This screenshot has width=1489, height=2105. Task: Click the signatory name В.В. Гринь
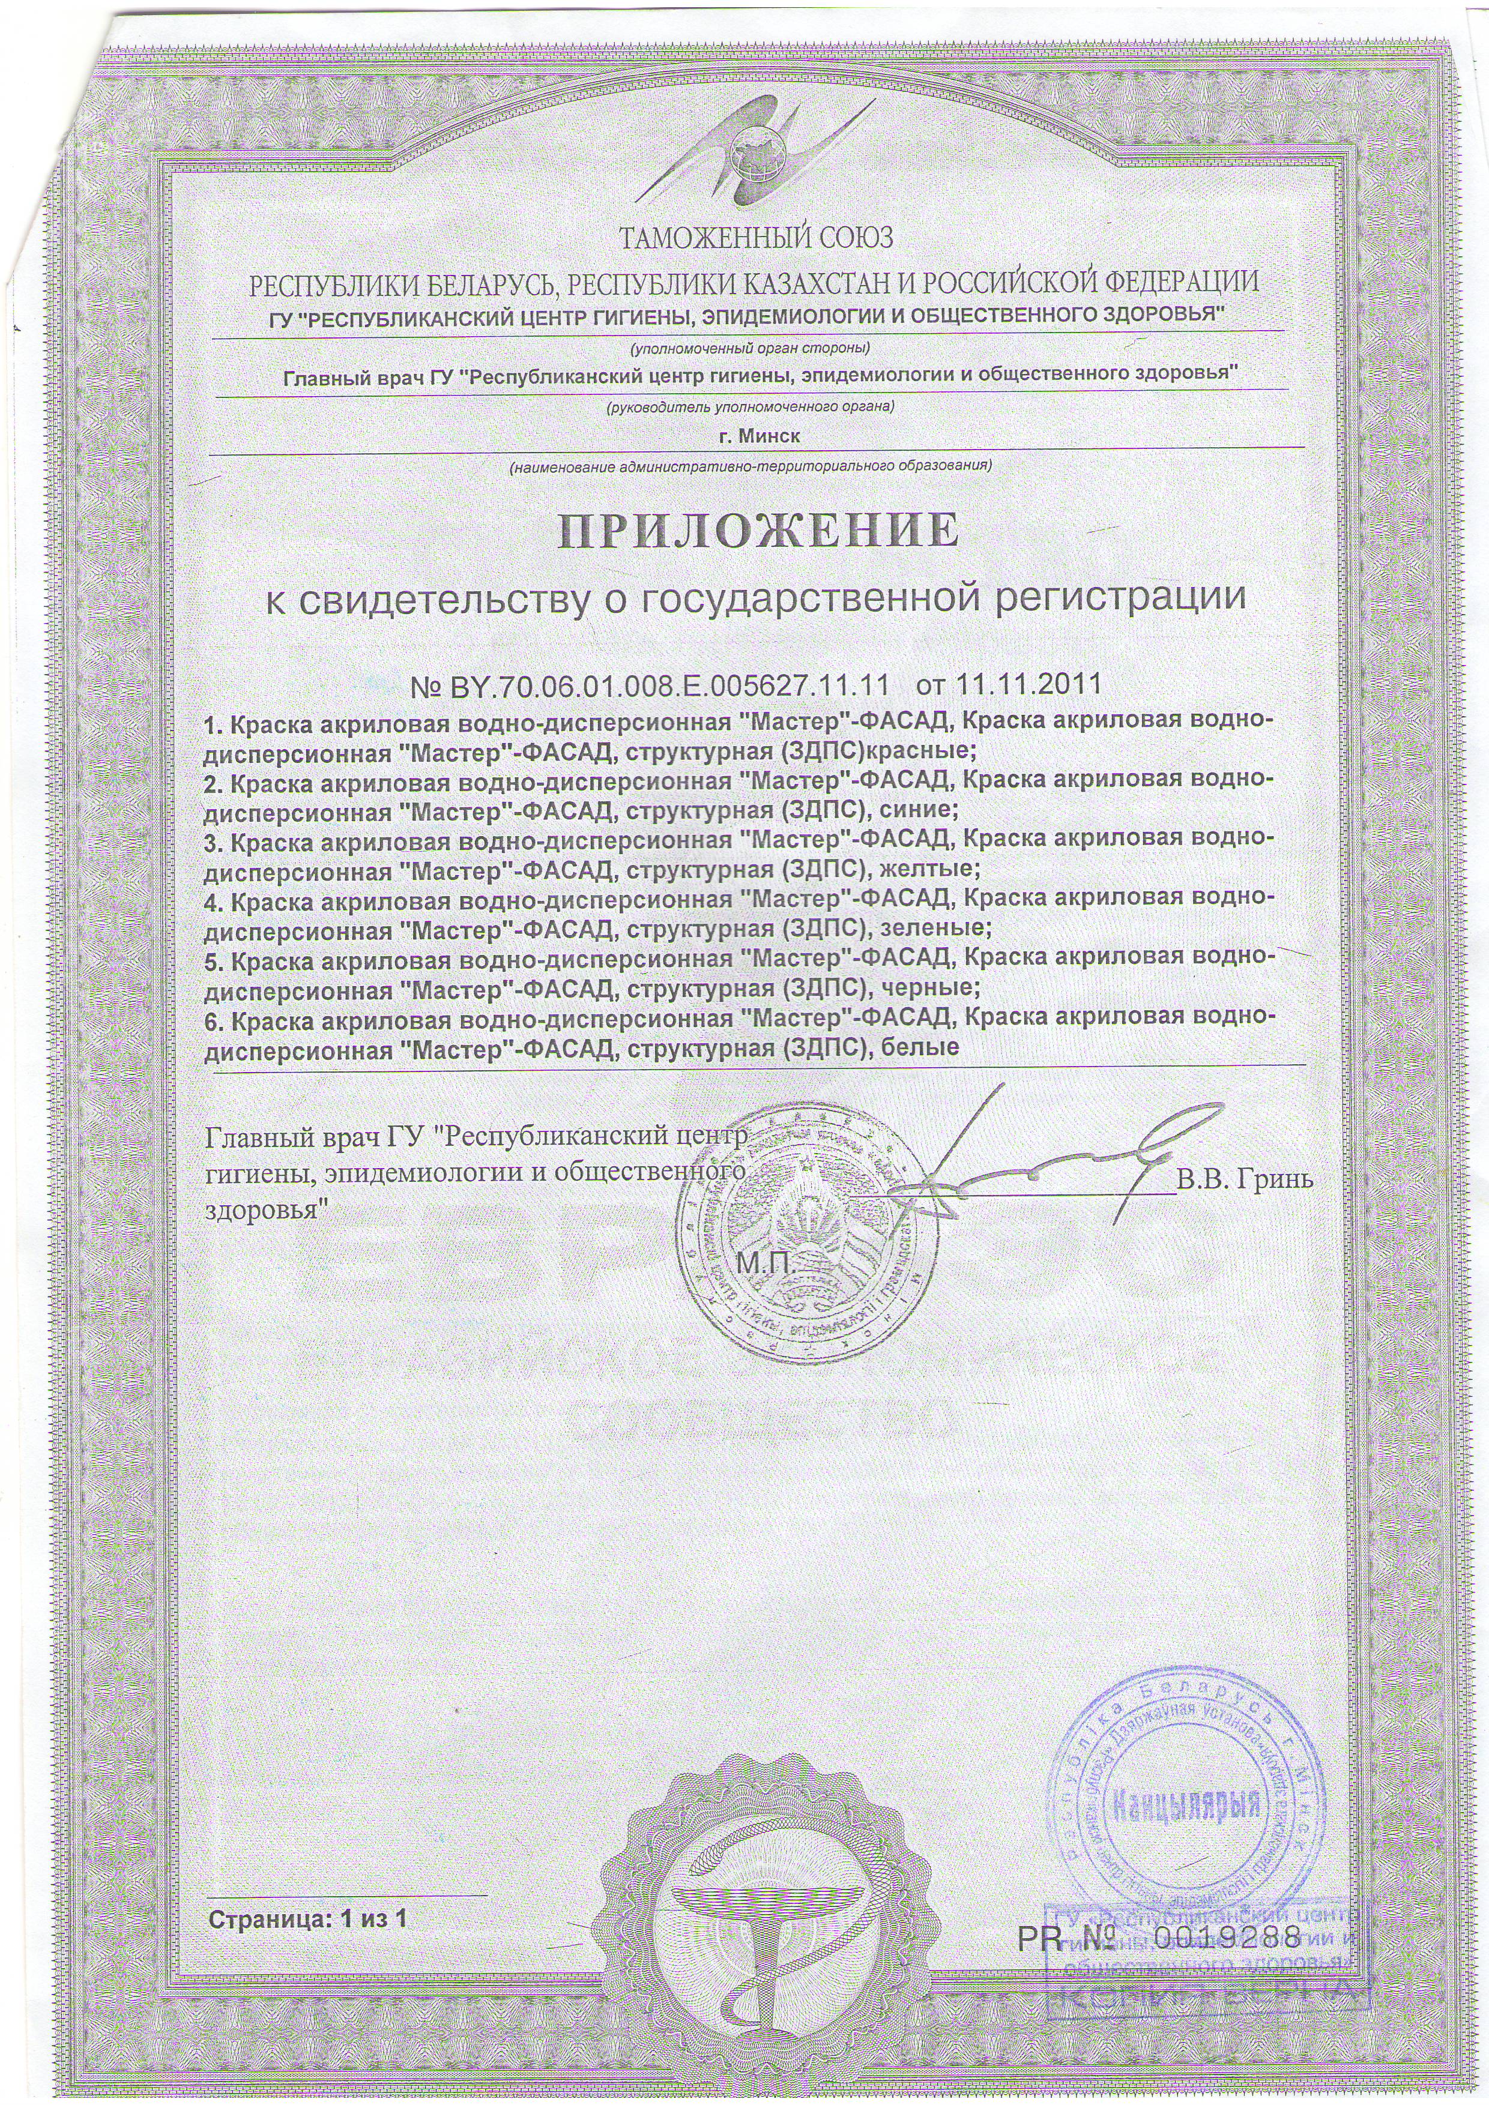[x=1245, y=1181]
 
